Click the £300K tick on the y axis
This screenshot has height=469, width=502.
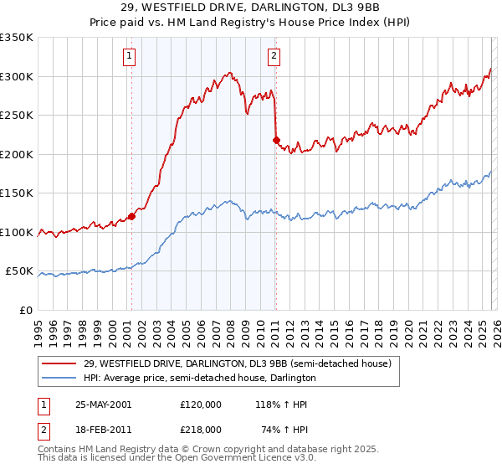[17, 76]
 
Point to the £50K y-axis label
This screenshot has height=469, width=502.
[19, 271]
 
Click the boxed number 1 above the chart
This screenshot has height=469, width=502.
[131, 56]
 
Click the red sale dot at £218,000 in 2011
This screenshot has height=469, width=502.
[275, 140]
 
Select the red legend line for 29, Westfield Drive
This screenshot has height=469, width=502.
[60, 363]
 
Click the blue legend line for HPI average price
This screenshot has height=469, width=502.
[60, 378]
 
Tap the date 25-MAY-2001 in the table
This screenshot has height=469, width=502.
[103, 405]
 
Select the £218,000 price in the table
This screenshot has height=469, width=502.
[200, 429]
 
